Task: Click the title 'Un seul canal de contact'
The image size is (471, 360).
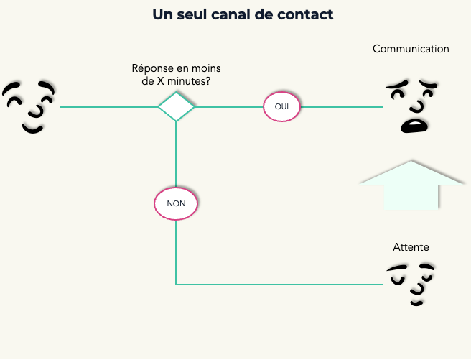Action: click(x=243, y=14)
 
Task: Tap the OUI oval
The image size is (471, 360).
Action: click(x=282, y=107)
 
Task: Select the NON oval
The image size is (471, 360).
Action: click(x=176, y=203)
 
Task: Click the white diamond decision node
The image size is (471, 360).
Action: click(x=176, y=107)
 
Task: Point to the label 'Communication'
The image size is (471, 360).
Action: click(x=411, y=49)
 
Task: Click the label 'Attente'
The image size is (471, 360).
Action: click(x=411, y=247)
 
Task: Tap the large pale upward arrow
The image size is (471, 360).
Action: click(x=411, y=185)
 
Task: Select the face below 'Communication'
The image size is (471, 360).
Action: click(x=413, y=106)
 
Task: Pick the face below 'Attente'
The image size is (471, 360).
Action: click(x=412, y=282)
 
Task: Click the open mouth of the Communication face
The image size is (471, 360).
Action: click(x=414, y=125)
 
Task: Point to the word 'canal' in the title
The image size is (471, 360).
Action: click(x=244, y=14)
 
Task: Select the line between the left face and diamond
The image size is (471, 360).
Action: click(x=108, y=107)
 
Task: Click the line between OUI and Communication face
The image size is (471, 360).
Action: click(x=341, y=107)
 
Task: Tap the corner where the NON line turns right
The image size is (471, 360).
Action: click(x=176, y=285)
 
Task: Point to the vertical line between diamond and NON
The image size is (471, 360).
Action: click(x=176, y=154)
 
